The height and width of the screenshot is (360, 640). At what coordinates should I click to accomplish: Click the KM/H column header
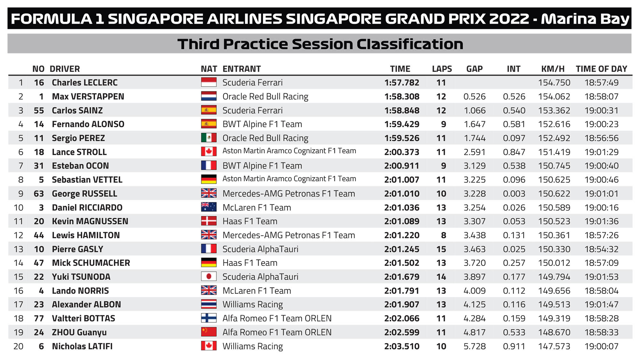tap(553, 69)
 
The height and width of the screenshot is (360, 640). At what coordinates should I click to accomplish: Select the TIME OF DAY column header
tap(601, 69)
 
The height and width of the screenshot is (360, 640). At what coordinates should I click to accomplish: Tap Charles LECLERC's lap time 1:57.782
tap(402, 83)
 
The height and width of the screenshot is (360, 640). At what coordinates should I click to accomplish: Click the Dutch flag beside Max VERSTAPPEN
tap(209, 96)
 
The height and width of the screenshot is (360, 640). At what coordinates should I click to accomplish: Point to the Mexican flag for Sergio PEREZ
tap(209, 138)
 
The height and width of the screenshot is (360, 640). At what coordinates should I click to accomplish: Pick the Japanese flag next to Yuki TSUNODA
tap(209, 276)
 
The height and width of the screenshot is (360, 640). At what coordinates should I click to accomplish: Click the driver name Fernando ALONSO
tap(88, 124)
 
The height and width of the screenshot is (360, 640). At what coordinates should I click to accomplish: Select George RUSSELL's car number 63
tap(39, 194)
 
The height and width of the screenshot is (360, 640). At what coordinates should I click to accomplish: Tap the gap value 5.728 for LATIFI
tap(475, 346)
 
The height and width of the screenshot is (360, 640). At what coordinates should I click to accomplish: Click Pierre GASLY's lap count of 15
tap(441, 249)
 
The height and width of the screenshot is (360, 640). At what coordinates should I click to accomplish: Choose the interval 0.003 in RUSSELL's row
tap(514, 194)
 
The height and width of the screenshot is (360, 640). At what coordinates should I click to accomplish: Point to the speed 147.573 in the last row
tap(554, 346)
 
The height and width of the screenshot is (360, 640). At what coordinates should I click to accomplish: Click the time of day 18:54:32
tap(601, 249)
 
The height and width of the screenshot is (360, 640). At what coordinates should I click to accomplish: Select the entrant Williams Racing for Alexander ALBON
tap(252, 305)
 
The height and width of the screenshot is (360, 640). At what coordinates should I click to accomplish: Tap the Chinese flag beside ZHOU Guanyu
tap(209, 332)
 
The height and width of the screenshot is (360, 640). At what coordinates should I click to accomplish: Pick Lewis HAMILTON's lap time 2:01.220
tap(402, 235)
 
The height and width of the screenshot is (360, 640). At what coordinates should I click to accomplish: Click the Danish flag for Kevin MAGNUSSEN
tap(209, 221)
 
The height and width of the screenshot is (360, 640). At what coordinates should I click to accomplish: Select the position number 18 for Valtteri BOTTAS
tap(19, 318)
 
